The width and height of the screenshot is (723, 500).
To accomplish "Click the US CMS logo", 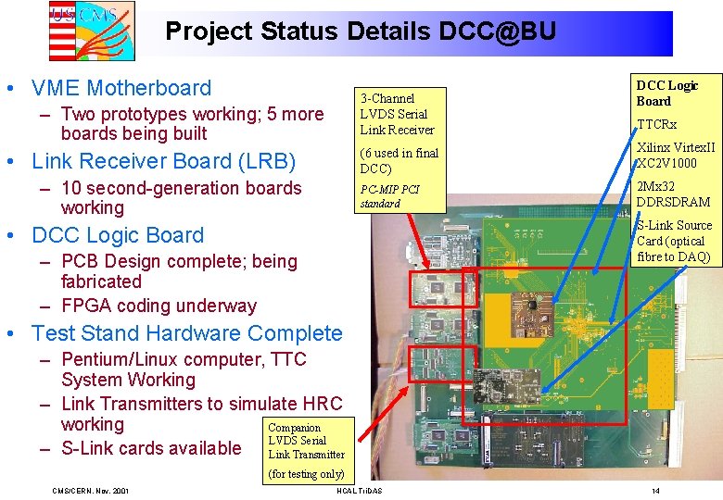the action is (x=91, y=30).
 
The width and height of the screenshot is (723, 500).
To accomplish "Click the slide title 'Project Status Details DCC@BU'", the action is (x=361, y=31).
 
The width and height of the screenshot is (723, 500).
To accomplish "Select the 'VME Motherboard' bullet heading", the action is (x=121, y=88).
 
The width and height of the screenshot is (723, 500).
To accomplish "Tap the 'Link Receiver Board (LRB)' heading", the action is (x=163, y=161).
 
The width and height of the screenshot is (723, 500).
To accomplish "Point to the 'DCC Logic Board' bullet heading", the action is (x=117, y=235).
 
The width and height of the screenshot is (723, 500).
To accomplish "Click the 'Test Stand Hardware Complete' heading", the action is (x=186, y=333).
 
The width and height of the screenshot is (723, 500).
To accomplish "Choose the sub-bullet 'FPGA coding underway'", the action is (x=159, y=306).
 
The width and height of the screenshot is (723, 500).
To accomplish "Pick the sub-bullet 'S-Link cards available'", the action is (x=151, y=448).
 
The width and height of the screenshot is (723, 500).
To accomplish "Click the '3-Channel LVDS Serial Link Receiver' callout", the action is (x=397, y=114).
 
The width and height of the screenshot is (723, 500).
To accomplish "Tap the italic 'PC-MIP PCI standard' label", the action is (x=389, y=196).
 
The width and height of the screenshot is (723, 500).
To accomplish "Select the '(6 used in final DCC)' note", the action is (x=399, y=161).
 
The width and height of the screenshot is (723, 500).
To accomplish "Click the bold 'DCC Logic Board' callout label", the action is (x=666, y=93).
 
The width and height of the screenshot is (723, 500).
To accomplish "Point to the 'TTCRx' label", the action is (x=656, y=124).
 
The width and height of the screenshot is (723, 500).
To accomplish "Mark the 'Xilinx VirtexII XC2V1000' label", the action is (x=674, y=156).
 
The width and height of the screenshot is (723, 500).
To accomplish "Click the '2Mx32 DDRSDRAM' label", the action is (x=673, y=194).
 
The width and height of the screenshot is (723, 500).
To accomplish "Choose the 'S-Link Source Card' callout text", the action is (x=673, y=241).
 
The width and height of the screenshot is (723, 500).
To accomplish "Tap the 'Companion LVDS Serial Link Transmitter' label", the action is (x=306, y=441).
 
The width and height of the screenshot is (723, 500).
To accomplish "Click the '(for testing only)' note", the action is (x=306, y=474).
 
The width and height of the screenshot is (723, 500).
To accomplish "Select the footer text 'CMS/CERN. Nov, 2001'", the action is (x=90, y=490).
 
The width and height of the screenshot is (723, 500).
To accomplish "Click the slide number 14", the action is (x=655, y=490).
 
